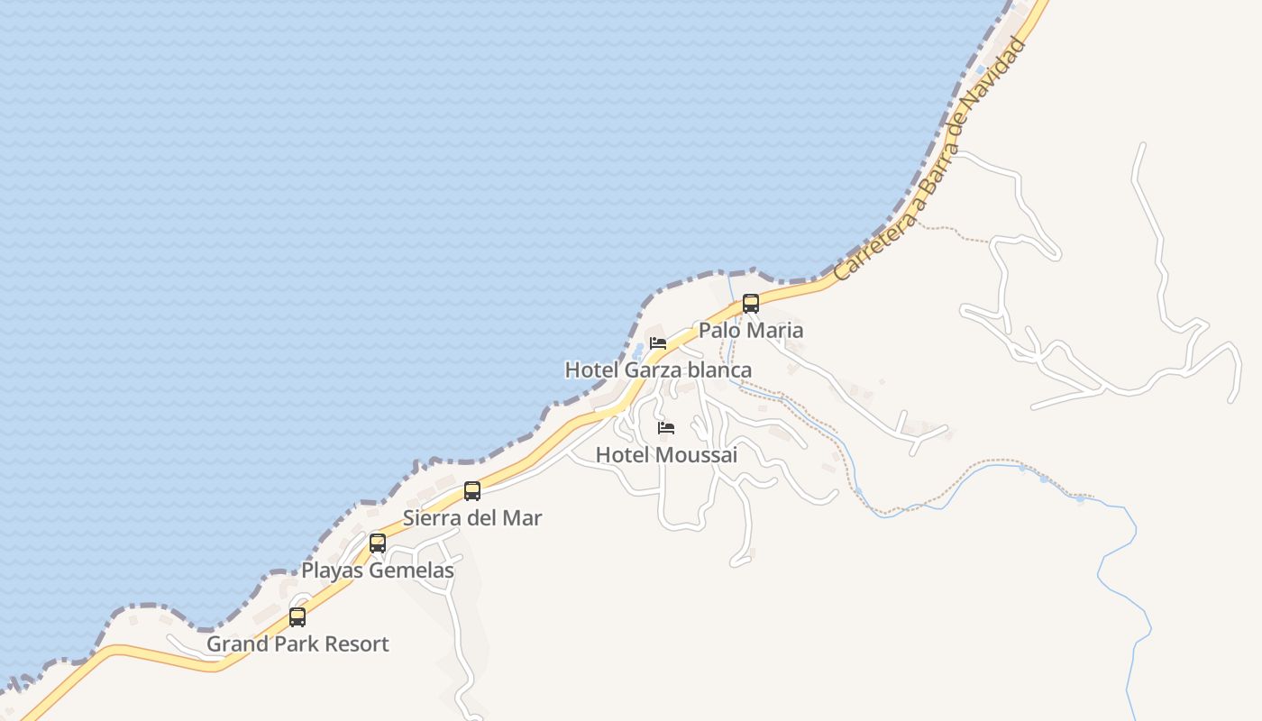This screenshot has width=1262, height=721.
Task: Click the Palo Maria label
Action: coord(750,331)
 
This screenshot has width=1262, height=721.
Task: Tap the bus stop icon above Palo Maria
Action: coord(751,304)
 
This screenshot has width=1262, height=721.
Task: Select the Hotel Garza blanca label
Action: coord(658,370)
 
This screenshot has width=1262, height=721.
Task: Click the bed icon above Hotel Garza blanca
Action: coord(658,343)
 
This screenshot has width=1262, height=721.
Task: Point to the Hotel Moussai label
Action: coord(666,455)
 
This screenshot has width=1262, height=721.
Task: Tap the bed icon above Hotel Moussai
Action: coord(666,427)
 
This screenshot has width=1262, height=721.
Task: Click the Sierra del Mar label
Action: coord(472,518)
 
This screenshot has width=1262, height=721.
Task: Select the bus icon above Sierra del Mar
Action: coord(472,491)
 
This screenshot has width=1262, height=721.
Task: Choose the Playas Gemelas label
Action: coord(378,570)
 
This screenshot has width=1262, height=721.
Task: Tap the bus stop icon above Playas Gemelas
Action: coord(378,543)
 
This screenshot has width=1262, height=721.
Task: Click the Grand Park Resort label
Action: coord(297,644)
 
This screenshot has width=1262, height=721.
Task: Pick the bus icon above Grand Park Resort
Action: coord(297,617)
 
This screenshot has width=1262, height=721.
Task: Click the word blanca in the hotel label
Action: coord(719,370)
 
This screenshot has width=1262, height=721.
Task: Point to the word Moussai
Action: coord(697,455)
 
